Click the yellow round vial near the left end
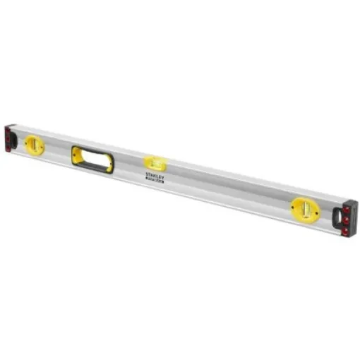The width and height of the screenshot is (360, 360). [34, 145]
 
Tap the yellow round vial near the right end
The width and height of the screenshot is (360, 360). [304, 209]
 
